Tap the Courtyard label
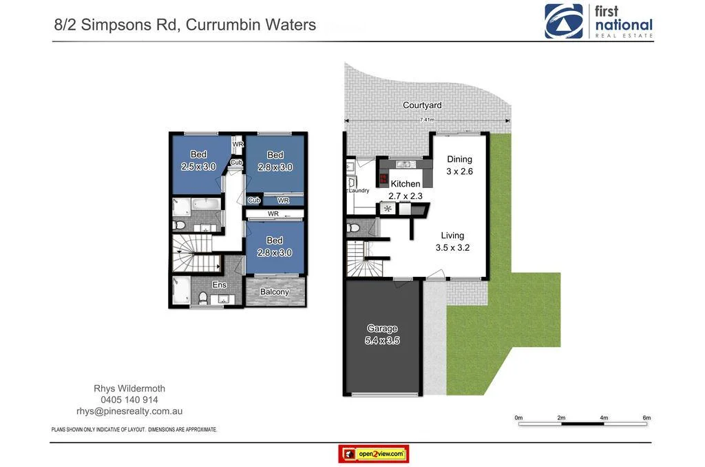click(x=422, y=105)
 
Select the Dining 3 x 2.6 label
click(x=459, y=165)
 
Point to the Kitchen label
click(x=405, y=184)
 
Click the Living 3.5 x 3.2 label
click(x=452, y=241)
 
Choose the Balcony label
click(x=274, y=291)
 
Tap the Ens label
click(x=219, y=284)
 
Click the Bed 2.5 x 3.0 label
click(x=198, y=160)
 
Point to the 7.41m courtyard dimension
click(x=428, y=120)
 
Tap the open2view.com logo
click(x=373, y=454)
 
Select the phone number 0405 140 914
click(x=129, y=399)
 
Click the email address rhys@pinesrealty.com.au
click(x=129, y=411)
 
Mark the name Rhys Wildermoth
click(x=129, y=388)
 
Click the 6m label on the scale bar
click(x=646, y=418)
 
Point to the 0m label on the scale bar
click(x=518, y=418)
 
